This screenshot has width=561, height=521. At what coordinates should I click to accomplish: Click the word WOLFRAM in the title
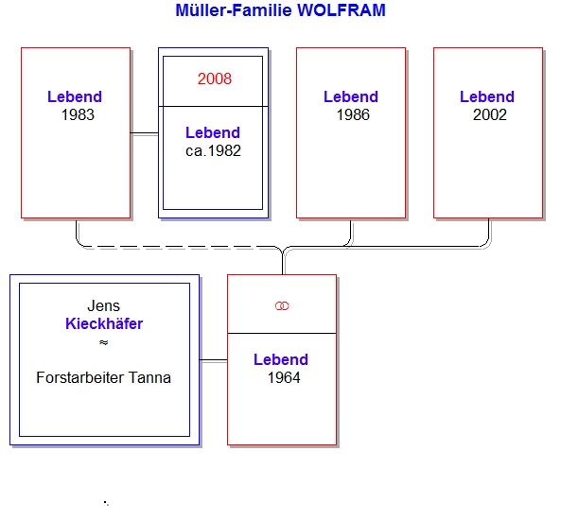[342, 10]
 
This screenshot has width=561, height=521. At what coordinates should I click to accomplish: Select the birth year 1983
[78, 114]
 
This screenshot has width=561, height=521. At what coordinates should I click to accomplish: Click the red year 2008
[215, 78]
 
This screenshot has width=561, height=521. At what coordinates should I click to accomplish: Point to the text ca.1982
[213, 151]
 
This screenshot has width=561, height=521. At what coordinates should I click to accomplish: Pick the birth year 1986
[353, 114]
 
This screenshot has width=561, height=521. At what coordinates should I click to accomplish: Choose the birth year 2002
[490, 114]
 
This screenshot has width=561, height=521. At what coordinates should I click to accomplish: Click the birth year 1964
[284, 377]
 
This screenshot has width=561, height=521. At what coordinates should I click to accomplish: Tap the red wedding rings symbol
[282, 306]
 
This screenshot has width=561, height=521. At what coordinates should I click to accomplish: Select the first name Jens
[104, 305]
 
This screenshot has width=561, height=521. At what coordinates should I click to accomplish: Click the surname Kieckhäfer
[104, 323]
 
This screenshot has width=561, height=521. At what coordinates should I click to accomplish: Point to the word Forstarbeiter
[80, 377]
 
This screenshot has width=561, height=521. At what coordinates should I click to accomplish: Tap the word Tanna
[149, 377]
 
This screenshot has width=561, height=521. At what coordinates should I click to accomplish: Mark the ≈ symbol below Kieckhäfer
[104, 342]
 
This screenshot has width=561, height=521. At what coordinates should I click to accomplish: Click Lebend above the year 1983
[75, 96]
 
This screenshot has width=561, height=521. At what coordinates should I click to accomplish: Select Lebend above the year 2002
[487, 96]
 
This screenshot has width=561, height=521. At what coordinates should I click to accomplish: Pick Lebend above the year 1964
[281, 359]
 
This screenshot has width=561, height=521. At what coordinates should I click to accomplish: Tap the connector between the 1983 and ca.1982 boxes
[144, 133]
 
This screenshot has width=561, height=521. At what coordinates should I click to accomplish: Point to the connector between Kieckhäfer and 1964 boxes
[213, 359]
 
